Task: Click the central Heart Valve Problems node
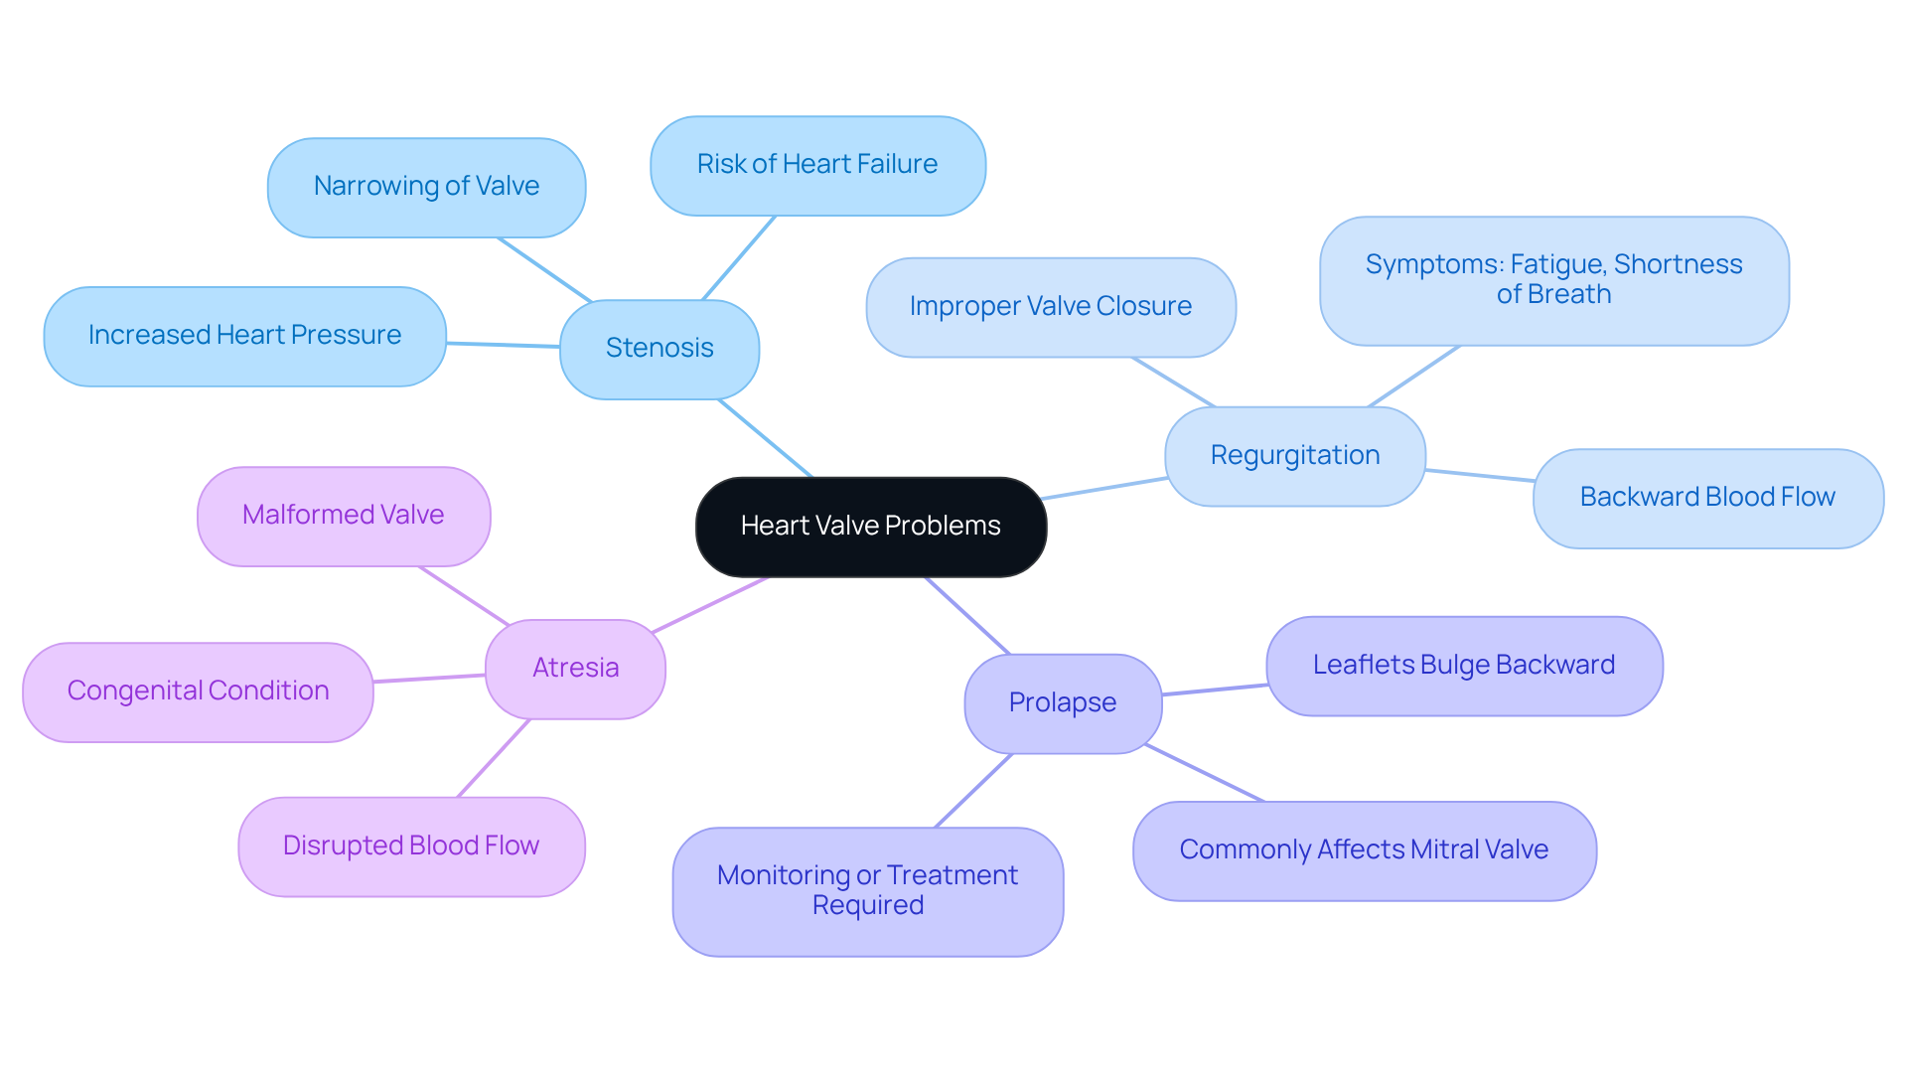[870, 527]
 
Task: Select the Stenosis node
[660, 349]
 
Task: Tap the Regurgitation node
[1294, 456]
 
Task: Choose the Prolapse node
[1062, 703]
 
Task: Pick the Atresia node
[575, 669]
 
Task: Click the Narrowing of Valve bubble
[426, 187]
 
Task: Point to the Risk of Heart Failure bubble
[816, 165]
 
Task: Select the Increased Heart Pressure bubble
[244, 336]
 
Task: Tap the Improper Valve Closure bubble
[1050, 307]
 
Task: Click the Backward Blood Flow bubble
[1707, 498]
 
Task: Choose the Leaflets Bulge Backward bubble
[1463, 666]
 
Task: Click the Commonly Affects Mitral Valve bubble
[1364, 850]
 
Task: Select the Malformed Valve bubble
[343, 516]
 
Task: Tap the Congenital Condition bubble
[198, 692]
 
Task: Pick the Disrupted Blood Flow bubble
[410, 846]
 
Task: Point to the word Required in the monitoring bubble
[867, 906]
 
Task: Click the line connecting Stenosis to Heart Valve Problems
[765, 438]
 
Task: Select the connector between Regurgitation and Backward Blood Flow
[1480, 476]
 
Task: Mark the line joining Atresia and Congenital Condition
[429, 679]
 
